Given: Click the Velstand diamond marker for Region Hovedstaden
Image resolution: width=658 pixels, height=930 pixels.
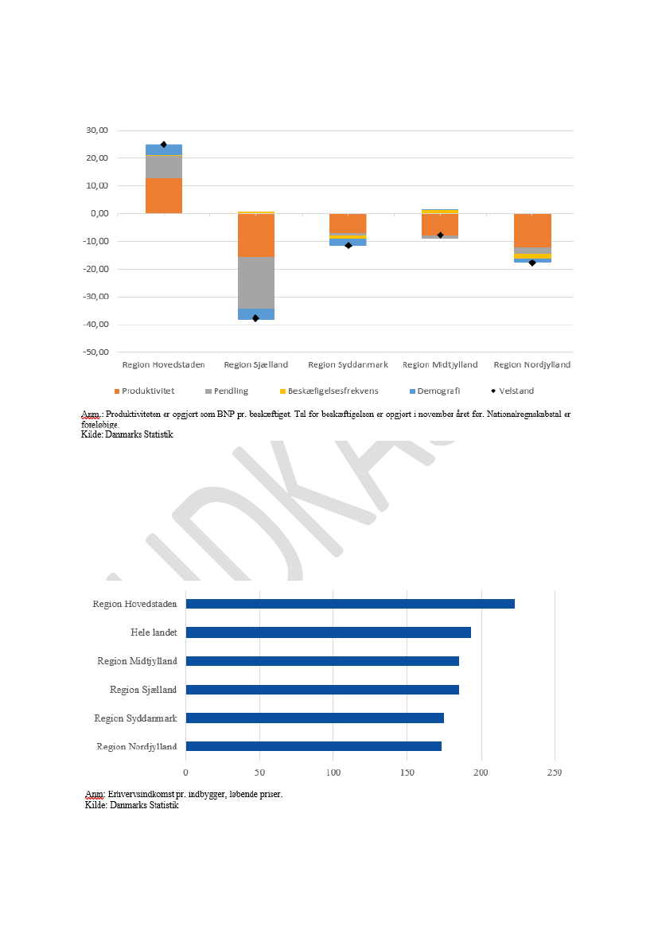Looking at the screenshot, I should pos(164,145).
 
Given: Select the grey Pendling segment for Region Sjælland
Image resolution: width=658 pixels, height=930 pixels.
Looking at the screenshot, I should pos(256,282).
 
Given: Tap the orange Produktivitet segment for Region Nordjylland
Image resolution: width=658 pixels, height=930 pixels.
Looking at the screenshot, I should pos(532,231).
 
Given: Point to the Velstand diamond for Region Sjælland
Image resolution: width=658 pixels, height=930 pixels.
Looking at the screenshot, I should pos(255,318).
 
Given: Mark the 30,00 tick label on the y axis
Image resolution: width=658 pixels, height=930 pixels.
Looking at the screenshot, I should pos(97,130).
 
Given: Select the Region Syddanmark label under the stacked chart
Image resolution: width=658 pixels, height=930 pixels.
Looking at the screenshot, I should pos(348,364).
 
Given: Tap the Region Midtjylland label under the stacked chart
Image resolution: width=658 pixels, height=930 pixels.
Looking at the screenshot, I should pos(440,364).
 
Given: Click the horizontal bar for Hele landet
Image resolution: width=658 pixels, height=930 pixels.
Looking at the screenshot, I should pos(329,632).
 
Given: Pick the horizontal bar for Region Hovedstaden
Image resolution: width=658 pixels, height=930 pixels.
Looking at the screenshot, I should pos(350,604).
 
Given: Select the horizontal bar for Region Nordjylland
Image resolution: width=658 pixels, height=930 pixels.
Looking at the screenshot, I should pos(313,746).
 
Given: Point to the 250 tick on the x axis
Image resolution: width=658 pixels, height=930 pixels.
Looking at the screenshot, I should pos(555,772).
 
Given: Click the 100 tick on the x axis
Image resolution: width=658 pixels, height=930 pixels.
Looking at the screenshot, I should pos(333,772).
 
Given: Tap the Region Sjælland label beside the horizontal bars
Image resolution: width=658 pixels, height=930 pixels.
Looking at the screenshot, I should pos(143,690).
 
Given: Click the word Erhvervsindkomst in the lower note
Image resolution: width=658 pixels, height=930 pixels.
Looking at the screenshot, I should pos(140,794).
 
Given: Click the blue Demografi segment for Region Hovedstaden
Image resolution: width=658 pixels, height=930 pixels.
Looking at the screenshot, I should pos(164,150).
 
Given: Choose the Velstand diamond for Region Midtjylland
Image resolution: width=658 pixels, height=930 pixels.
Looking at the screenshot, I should pos(440,235).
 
